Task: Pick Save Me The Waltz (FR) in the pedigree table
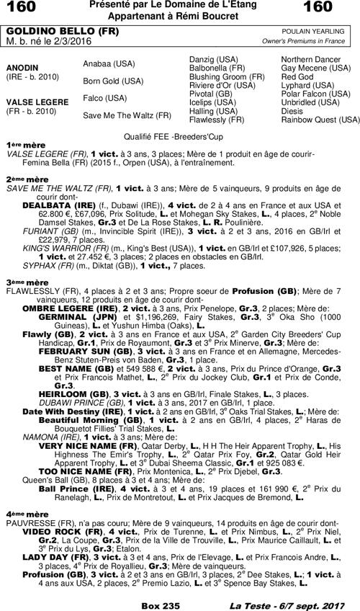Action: pos(127,115)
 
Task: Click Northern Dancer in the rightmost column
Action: pos(311,58)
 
